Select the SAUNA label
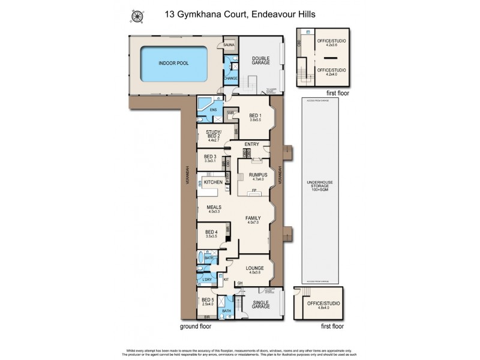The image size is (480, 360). click(229, 45)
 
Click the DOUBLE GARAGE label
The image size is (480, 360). click(260, 62)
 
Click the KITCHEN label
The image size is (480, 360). click(213, 182)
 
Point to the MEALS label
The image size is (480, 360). click(215, 208)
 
